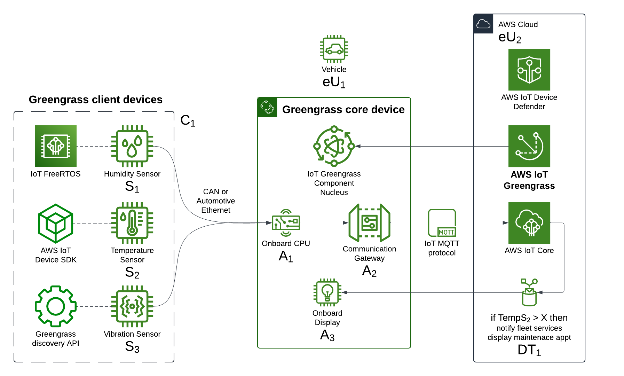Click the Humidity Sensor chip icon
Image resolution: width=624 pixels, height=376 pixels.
point(132,146)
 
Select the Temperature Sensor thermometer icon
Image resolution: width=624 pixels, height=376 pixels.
point(132,223)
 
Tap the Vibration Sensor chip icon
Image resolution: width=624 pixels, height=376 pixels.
point(132,306)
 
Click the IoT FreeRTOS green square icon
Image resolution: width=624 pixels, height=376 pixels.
point(56,146)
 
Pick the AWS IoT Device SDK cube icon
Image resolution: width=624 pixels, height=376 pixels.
point(56,224)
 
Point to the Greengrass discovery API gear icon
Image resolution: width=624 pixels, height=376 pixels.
point(56,306)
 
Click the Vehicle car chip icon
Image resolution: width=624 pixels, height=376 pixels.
point(334,49)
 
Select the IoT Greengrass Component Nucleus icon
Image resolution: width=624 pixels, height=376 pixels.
point(334,146)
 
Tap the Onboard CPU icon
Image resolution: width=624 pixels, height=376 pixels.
point(286,223)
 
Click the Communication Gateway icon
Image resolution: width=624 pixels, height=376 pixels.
point(370,223)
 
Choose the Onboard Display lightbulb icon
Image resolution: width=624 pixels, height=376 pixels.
point(327,292)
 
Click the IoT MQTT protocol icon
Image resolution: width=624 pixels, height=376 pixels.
point(442,223)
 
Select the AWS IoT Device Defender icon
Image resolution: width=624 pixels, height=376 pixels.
point(529,70)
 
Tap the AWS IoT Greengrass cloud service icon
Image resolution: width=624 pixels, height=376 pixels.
point(529,146)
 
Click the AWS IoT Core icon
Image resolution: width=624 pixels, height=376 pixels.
point(529,223)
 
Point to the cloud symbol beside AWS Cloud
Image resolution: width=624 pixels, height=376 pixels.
point(483,24)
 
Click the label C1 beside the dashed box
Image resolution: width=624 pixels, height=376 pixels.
point(188,120)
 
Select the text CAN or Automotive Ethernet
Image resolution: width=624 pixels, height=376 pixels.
point(216,201)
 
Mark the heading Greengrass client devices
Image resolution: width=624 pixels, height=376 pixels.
point(96,100)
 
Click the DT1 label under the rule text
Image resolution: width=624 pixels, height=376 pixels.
point(529,350)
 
